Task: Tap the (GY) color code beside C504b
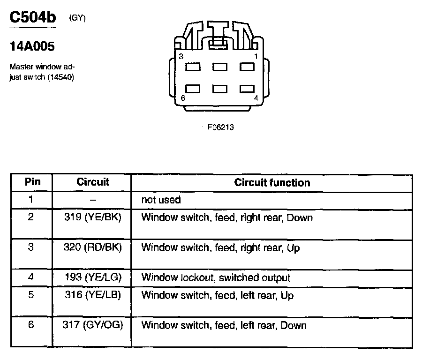click(77, 18)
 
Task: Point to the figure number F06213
click(220, 127)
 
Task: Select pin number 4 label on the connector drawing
click(256, 98)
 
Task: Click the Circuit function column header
click(272, 182)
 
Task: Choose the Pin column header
click(32, 182)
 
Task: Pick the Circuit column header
click(92, 182)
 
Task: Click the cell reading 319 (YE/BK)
click(92, 217)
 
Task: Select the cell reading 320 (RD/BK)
click(92, 247)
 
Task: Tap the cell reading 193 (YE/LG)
click(92, 277)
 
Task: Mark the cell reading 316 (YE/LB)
click(92, 295)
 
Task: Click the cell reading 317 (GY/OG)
click(92, 325)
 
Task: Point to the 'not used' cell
click(161, 200)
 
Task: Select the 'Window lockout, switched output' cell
click(216, 277)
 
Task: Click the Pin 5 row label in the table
click(31, 295)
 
